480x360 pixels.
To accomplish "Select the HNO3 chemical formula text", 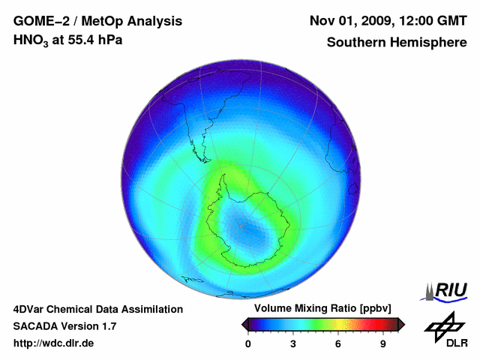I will [x=32, y=40].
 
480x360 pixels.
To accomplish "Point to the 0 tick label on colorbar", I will [x=248, y=343].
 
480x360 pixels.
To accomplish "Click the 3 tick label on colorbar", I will [x=293, y=343].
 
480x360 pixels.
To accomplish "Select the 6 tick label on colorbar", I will [x=338, y=343].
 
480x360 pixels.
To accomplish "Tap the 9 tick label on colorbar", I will [x=383, y=343].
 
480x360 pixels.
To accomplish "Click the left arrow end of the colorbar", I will [x=244, y=324].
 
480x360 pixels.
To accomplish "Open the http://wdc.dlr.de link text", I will [x=54, y=343].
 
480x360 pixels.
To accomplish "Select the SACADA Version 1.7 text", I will [x=64, y=326].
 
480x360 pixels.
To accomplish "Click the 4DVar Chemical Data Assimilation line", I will [x=98, y=309].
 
